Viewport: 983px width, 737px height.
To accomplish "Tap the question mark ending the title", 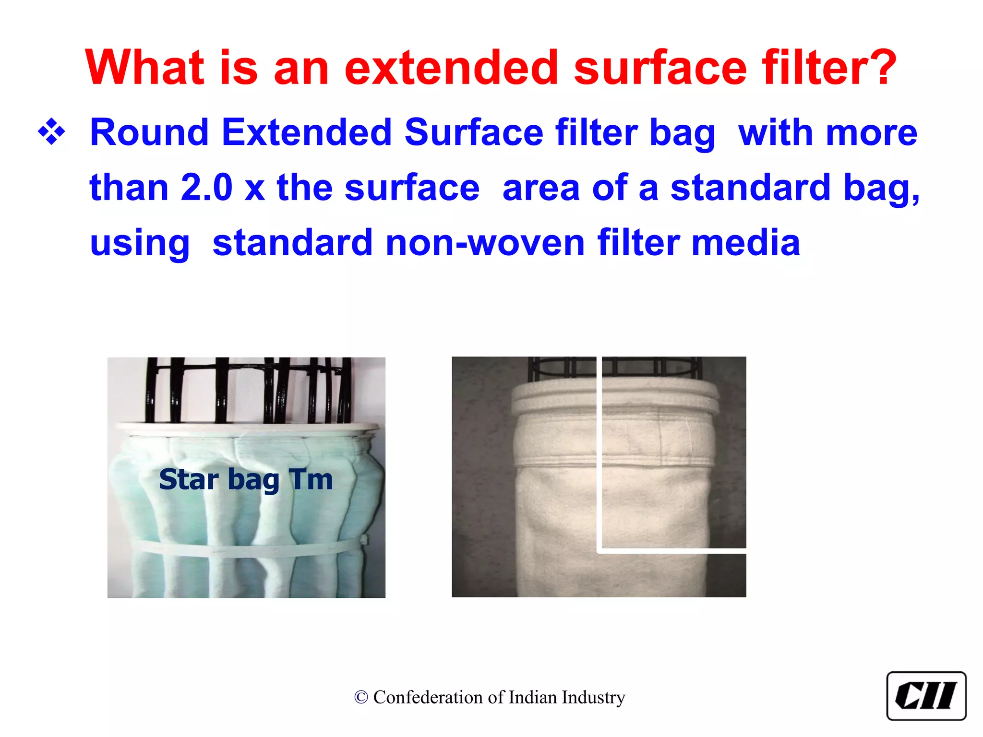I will pos(881,68).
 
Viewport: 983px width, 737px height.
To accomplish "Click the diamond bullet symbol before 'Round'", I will pos(51,132).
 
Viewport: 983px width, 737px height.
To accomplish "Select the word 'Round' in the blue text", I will pos(149,133).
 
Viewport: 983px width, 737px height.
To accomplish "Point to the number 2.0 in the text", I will pos(206,188).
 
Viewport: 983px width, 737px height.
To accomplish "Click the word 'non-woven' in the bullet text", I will pos(485,243).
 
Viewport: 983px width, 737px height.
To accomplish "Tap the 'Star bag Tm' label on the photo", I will pos(246,479).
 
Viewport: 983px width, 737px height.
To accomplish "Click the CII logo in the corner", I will pos(926,696).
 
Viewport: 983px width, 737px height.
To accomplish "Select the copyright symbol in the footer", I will pos(361,698).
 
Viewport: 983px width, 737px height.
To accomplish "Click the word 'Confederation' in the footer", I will pos(429,698).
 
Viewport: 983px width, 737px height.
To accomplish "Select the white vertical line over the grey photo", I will pos(599,456).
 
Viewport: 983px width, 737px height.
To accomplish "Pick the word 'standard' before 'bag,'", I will pos(750,188).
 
